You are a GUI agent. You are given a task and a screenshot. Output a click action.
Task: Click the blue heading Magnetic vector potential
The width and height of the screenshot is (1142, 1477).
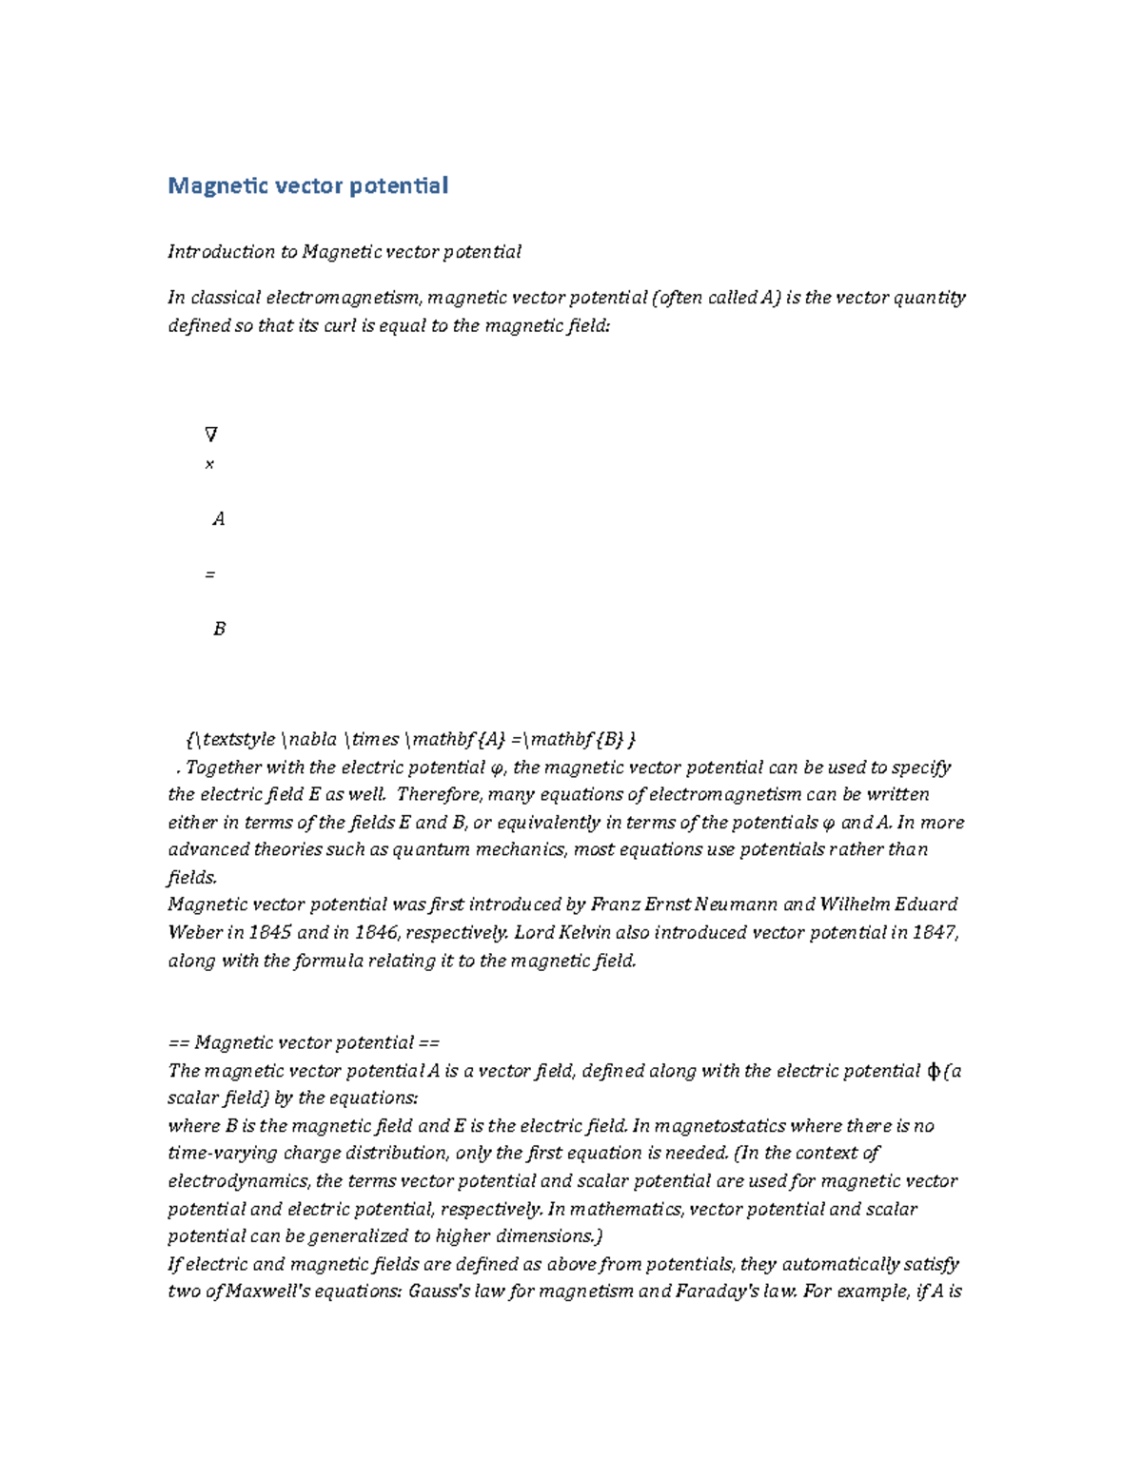tap(307, 185)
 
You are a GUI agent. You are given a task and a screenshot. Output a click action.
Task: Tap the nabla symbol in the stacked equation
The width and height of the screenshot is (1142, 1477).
tap(210, 435)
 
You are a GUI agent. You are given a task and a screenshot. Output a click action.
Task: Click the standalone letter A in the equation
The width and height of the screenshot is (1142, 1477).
tap(219, 519)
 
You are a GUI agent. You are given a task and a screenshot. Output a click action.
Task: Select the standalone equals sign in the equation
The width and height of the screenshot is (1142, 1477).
tap(209, 574)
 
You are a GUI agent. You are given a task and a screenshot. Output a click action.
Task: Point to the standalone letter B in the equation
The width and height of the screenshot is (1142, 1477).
tap(219, 629)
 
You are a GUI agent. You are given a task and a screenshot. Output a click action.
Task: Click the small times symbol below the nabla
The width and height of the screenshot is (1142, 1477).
tap(209, 465)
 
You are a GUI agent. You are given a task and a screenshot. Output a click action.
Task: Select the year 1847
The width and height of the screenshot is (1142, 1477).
tap(934, 932)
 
